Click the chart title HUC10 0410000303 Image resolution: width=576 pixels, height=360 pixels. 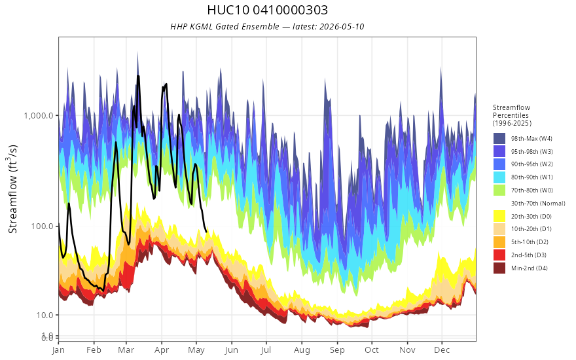[267, 10]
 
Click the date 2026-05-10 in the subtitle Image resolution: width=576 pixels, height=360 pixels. [342, 26]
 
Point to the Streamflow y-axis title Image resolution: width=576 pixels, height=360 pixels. [12, 189]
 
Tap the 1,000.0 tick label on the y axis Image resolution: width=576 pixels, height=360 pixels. [39, 115]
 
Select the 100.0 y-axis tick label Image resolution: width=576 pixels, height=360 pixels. [43, 226]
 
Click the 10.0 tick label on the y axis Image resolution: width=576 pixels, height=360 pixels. [44, 315]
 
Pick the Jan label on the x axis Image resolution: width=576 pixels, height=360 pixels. [58, 350]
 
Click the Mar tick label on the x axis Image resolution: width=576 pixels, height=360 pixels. [126, 350]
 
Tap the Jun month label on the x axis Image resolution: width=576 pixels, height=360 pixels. [232, 350]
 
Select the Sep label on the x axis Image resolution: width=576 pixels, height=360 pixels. [337, 350]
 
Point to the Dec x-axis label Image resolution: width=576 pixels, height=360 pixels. [442, 350]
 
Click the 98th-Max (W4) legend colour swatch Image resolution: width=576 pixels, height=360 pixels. [499, 139]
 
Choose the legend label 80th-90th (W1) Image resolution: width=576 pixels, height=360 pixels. [531, 177]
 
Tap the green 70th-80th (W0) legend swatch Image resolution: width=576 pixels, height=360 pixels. [499, 190]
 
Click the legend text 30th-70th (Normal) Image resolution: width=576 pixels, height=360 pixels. [538, 203]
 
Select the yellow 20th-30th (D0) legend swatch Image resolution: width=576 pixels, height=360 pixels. [499, 216]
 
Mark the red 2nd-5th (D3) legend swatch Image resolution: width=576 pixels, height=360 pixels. [499, 255]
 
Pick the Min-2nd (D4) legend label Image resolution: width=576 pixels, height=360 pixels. [530, 268]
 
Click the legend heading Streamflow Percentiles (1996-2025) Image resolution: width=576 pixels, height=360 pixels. [512, 115]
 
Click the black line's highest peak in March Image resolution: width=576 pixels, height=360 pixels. [138, 76]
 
